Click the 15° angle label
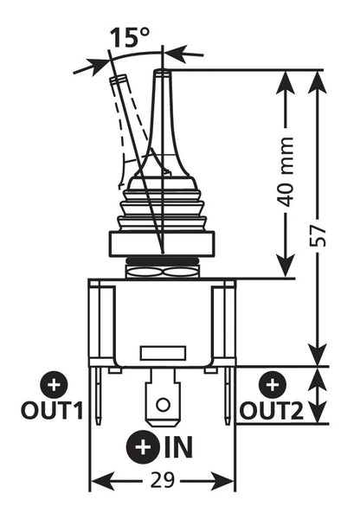[130, 36]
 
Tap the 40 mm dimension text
[286, 172]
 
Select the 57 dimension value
[318, 235]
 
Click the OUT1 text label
[52, 410]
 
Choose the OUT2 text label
[273, 411]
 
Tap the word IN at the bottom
[178, 447]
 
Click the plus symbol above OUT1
[54, 385]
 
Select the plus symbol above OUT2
[273, 385]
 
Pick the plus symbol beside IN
[144, 447]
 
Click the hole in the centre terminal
[163, 405]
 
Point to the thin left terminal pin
[98, 395]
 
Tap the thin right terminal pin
[227, 395]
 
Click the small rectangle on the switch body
[163, 353]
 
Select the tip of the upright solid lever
[162, 71]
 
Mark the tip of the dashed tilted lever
[118, 78]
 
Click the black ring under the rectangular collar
[162, 260]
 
